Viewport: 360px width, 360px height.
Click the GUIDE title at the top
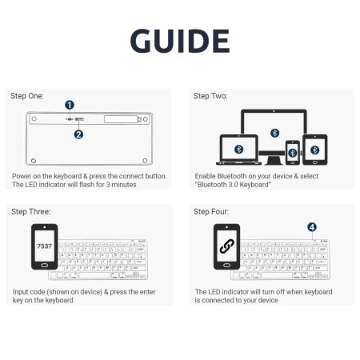click(179, 41)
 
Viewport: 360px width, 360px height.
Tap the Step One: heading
click(27, 95)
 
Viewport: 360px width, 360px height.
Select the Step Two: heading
click(210, 95)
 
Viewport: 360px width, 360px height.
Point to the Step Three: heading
click(30, 211)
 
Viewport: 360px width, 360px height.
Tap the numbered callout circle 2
click(78, 134)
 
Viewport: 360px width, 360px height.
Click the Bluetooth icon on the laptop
click(237, 149)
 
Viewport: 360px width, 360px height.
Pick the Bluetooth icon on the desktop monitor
click(275, 132)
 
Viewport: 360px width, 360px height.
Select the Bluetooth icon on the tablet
click(314, 149)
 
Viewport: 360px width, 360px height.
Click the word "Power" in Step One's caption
click(22, 175)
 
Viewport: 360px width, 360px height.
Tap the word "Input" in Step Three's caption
click(21, 291)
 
